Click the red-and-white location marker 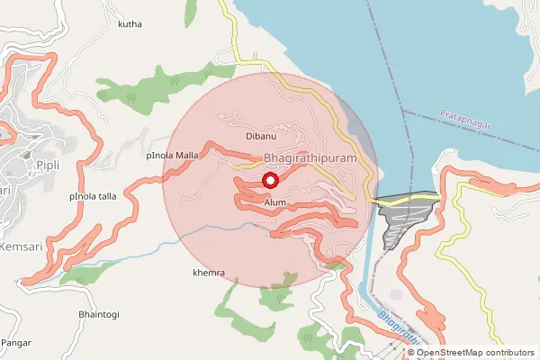[269, 181]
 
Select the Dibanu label [260, 137]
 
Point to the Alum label [275, 203]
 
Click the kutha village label [130, 24]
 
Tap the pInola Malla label [172, 156]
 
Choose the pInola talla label [93, 195]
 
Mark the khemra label [209, 272]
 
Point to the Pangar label [16, 343]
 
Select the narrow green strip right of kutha [192, 13]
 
